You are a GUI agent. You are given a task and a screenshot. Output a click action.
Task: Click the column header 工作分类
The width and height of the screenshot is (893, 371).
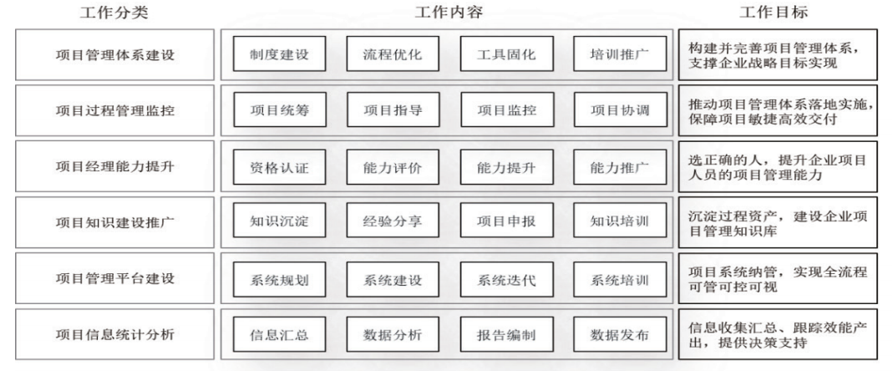114,13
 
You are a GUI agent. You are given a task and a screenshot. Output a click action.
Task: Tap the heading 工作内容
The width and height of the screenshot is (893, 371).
449,13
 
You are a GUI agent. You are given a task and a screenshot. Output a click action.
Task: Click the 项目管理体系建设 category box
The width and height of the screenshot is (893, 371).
115,54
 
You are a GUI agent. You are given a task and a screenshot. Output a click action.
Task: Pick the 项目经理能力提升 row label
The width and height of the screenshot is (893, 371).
115,166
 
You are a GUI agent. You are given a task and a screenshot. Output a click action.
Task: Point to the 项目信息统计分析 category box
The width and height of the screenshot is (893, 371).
115,334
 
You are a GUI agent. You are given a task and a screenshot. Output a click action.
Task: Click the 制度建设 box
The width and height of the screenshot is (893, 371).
279,54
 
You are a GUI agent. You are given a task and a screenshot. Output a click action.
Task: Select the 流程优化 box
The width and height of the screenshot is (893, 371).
393,54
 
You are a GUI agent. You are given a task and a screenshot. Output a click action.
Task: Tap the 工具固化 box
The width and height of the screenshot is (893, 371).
506,54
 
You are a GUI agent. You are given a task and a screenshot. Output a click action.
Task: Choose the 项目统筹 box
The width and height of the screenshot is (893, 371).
279,110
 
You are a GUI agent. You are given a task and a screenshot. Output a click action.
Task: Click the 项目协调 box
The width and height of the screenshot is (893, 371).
620,110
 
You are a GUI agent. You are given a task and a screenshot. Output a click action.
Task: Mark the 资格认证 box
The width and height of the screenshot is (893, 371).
279,167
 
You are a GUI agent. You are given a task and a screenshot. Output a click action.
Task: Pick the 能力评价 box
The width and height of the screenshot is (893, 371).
393,167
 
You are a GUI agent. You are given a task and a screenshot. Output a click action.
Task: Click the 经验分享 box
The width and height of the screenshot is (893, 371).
393,221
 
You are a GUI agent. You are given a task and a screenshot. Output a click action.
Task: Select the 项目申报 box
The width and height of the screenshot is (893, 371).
506,221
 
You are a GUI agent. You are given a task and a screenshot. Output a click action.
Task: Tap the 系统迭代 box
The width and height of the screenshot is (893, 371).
506,279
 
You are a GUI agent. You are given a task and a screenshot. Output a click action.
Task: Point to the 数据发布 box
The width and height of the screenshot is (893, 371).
620,334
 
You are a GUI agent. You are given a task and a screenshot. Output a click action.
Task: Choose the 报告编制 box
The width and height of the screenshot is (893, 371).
506,334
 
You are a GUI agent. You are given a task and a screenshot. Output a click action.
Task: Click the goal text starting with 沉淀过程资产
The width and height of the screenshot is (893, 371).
778,223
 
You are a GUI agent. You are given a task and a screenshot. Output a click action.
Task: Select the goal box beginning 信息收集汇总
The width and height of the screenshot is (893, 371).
778,334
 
